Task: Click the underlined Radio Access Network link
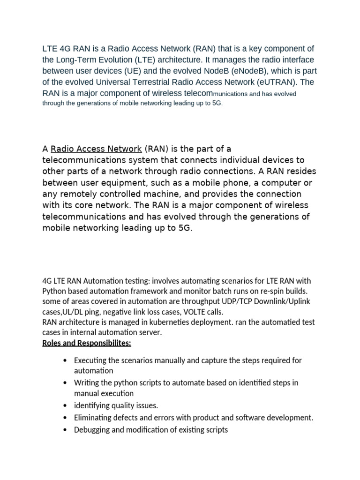coord(96,149)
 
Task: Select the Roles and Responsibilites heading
coord(87,343)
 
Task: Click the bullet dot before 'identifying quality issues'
coord(64,405)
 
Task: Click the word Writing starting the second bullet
coord(86,382)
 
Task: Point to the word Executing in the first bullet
coord(91,360)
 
